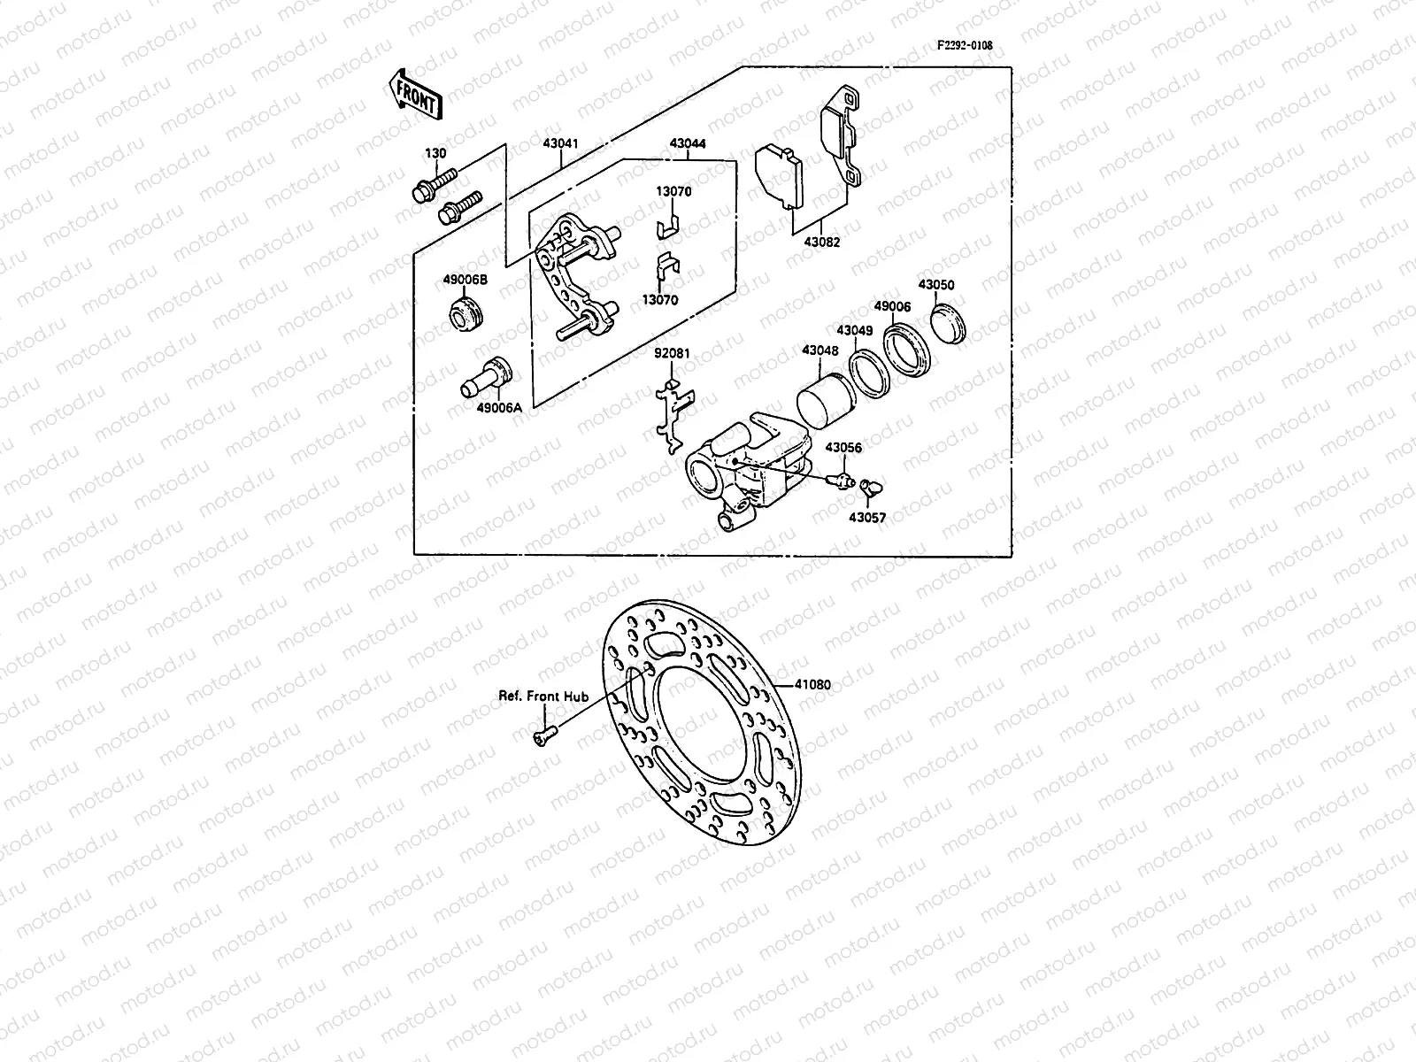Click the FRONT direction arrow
(x=412, y=95)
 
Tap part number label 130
(x=435, y=153)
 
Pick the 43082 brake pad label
(x=822, y=242)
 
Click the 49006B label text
(x=465, y=281)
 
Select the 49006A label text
(x=499, y=408)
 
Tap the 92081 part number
(x=672, y=353)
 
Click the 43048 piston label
(x=820, y=350)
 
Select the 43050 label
(x=935, y=286)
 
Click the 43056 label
(x=843, y=448)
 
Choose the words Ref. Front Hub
(x=543, y=696)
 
